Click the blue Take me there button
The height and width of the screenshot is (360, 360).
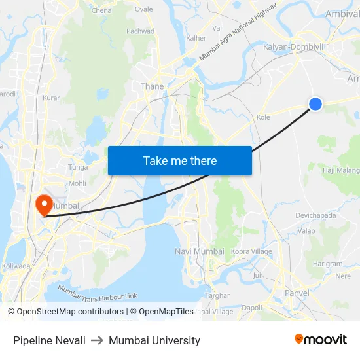[x=180, y=160]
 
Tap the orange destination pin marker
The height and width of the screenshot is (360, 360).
[x=45, y=204]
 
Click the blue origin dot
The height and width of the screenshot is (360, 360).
[x=315, y=103]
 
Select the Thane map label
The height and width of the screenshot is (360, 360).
[x=152, y=86]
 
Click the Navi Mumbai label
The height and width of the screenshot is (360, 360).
[x=200, y=251]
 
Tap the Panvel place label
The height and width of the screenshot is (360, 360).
[x=297, y=293]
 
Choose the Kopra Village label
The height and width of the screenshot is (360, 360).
[x=252, y=251]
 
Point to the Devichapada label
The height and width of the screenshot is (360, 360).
[x=315, y=215]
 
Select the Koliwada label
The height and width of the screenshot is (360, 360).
[x=16, y=266]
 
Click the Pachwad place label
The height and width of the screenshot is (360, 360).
[x=140, y=31]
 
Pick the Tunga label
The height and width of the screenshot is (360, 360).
[x=78, y=167]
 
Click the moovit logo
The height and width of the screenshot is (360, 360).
[x=320, y=339]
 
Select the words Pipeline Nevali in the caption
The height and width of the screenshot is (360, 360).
[x=49, y=340]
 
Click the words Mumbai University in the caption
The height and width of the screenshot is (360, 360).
[x=154, y=340]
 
